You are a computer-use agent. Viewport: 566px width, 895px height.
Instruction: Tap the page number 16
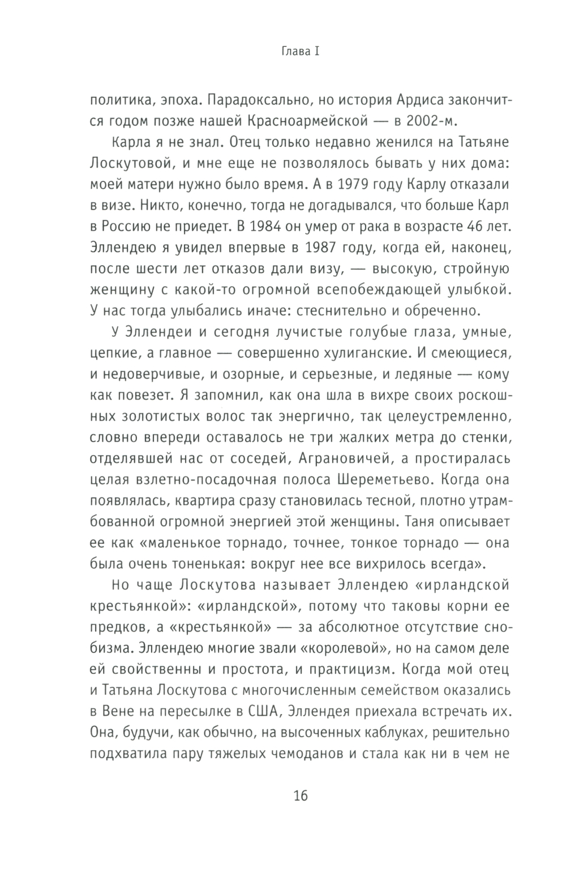[300, 796]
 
